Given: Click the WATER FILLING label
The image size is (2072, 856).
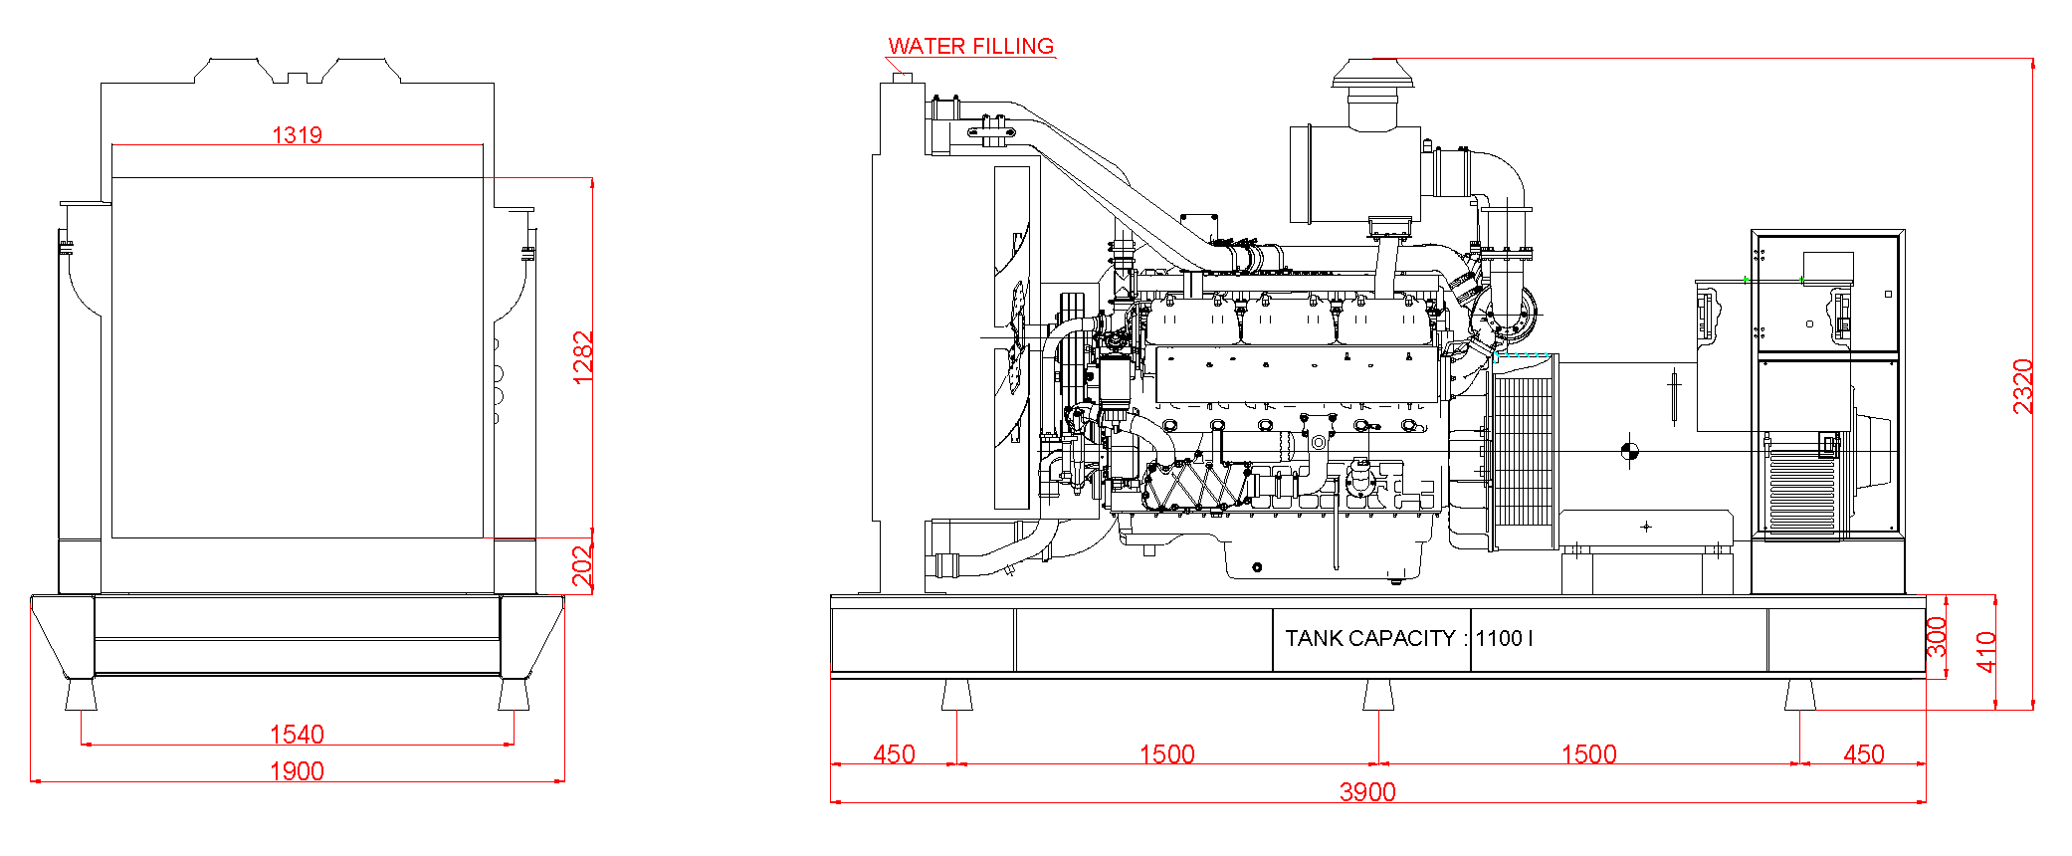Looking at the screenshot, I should point(970,46).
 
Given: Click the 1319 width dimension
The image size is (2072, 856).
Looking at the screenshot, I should point(298,134).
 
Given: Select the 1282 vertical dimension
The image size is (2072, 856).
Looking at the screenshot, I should point(583,357).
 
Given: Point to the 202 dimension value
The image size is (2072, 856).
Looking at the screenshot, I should point(583,566).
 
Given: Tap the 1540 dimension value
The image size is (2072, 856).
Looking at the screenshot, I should point(297,735).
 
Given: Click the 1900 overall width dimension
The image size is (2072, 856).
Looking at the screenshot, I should point(297,771).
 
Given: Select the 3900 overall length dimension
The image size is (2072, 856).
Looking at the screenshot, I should point(1367,792).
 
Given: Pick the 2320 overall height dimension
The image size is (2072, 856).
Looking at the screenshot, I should point(2023,386).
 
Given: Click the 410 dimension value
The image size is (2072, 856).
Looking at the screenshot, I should point(1986,652).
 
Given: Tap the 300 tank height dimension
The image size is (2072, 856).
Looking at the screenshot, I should point(1937,637).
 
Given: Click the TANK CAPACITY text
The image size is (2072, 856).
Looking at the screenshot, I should point(1369,639).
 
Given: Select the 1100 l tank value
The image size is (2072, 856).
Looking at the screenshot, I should point(1504,639).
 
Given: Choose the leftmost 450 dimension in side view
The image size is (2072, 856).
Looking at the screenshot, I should point(894,754).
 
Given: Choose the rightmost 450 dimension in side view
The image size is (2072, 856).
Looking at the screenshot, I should point(1863,754).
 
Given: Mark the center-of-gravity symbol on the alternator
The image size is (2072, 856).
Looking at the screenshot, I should point(1629,452).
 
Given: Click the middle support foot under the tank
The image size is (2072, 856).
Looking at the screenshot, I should point(1378,695).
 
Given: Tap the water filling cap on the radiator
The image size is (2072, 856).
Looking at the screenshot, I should point(902,77).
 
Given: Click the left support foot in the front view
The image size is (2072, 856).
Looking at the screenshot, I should point(81,694).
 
